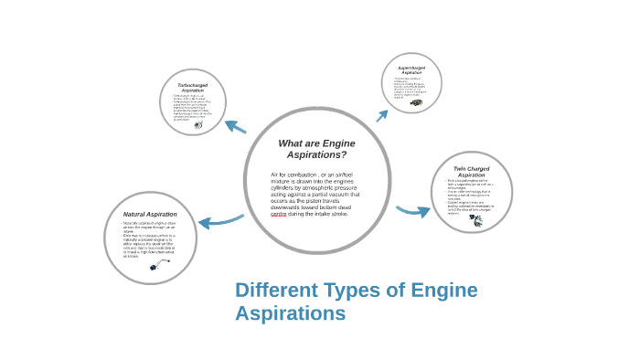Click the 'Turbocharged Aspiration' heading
point(192,88)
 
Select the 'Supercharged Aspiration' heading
point(411,69)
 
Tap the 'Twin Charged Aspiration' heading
point(472,171)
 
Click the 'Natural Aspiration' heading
point(150,214)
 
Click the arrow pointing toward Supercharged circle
point(381,115)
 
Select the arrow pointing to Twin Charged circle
point(414,211)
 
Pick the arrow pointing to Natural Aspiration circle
point(219,220)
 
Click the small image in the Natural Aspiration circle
point(159,264)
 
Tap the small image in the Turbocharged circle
point(198,124)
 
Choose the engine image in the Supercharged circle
point(416,102)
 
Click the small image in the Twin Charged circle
point(475,218)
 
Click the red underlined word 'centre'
point(279,213)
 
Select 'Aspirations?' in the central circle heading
point(316,154)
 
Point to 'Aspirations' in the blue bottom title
point(290,313)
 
